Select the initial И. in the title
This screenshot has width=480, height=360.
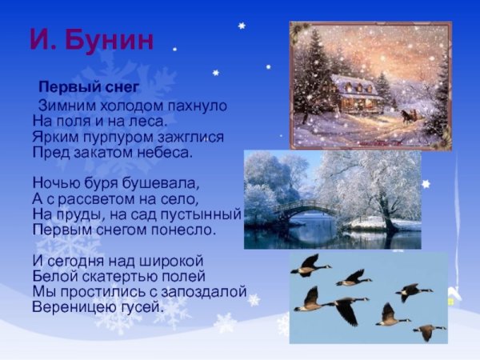tap(46, 41)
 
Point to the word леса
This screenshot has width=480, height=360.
tap(147, 121)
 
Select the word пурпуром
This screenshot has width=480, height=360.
tap(110, 136)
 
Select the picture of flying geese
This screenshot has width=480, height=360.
tap(368, 298)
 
